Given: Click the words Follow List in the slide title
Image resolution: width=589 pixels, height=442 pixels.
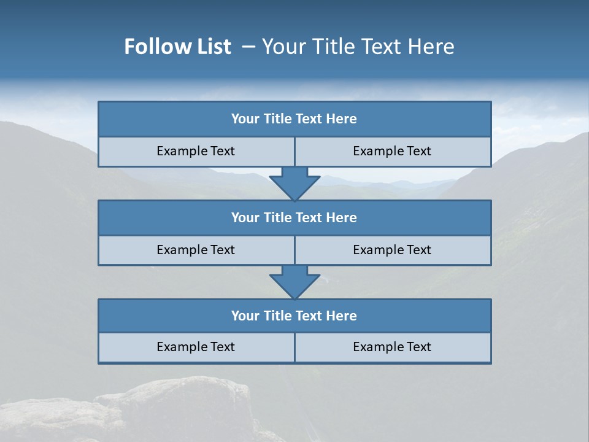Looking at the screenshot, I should point(177,47).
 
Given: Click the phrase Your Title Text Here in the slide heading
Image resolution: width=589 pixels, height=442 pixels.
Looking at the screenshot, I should point(358,47).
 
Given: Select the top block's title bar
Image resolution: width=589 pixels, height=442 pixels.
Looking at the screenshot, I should point(294,119).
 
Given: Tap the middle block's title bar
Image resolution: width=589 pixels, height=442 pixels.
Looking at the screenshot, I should point(294,218).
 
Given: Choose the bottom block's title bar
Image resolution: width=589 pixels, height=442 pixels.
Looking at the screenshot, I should point(294,316).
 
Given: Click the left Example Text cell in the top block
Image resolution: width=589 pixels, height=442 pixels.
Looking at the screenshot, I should point(196,151).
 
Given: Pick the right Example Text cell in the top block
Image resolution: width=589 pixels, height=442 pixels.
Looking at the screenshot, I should point(392,151).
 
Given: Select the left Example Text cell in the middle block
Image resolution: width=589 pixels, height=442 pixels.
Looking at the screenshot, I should point(196,250).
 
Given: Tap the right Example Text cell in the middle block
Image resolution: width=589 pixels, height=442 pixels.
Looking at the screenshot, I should point(392,250).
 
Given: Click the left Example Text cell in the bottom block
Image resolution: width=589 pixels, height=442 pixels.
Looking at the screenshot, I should point(196,347).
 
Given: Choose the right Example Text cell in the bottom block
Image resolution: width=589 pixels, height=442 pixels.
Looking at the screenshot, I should point(392,347).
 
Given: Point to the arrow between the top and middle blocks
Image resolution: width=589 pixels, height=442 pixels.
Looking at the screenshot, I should point(294,184).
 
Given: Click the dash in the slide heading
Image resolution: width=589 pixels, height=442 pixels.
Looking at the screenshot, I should point(248,47).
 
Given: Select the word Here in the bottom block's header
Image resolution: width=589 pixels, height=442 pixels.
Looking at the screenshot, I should point(342,316).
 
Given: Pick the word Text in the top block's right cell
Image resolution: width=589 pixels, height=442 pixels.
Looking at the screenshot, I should point(419,151).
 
